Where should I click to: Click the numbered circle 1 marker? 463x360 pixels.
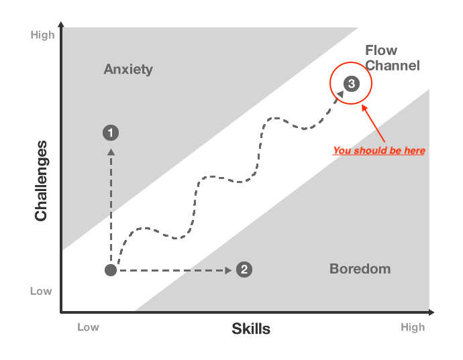(x=111, y=133)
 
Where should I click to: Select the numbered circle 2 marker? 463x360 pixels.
(x=244, y=269)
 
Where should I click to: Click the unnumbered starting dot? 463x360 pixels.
(x=111, y=270)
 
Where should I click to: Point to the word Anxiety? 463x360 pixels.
(x=128, y=69)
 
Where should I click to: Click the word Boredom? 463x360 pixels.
(x=360, y=269)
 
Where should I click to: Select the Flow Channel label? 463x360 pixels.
(x=392, y=58)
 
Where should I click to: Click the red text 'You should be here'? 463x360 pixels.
(x=379, y=150)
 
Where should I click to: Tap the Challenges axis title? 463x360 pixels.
(x=42, y=180)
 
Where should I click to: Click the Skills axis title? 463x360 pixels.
(x=251, y=328)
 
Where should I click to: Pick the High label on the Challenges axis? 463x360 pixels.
(x=42, y=35)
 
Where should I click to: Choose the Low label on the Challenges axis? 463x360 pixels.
(x=41, y=291)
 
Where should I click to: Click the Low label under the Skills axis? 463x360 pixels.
(x=88, y=327)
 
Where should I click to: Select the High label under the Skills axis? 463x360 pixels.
(x=413, y=327)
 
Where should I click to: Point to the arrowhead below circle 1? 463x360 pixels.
(x=111, y=152)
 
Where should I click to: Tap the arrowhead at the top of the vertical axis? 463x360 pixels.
(x=61, y=25)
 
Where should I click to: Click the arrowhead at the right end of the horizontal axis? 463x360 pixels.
(x=431, y=312)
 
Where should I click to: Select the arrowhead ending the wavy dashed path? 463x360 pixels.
(x=340, y=95)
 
